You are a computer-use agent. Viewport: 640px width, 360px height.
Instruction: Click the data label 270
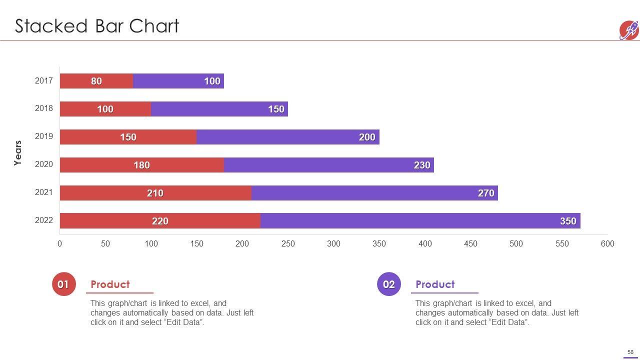pyautogui.click(x=486, y=193)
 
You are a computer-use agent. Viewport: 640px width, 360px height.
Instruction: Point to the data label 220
pyautogui.click(x=160, y=221)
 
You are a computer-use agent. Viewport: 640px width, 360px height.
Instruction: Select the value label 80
pyautogui.click(x=96, y=81)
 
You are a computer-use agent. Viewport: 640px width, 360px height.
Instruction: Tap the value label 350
pyautogui.click(x=568, y=221)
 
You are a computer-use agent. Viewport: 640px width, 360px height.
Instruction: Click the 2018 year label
pyautogui.click(x=44, y=108)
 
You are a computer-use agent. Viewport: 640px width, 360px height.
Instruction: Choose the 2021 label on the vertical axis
pyautogui.click(x=44, y=192)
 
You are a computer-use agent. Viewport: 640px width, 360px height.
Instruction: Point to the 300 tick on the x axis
pyautogui.click(x=333, y=244)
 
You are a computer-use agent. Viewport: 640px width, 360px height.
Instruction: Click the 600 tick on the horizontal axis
pyautogui.click(x=607, y=244)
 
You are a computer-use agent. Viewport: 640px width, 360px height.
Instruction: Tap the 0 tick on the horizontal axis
pyautogui.click(x=60, y=244)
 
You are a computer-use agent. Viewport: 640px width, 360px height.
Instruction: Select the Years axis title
pyautogui.click(x=18, y=153)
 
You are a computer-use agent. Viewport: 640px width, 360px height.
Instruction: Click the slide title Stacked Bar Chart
pyautogui.click(x=97, y=26)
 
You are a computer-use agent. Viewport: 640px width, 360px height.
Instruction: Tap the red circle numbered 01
pyautogui.click(x=63, y=284)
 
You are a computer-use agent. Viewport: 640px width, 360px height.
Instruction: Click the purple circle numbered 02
pyautogui.click(x=389, y=284)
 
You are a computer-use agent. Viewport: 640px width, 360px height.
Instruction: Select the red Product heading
pyautogui.click(x=110, y=284)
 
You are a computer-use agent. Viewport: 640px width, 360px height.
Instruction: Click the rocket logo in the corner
pyautogui.click(x=629, y=30)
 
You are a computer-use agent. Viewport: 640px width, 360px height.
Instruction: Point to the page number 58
pyautogui.click(x=630, y=352)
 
